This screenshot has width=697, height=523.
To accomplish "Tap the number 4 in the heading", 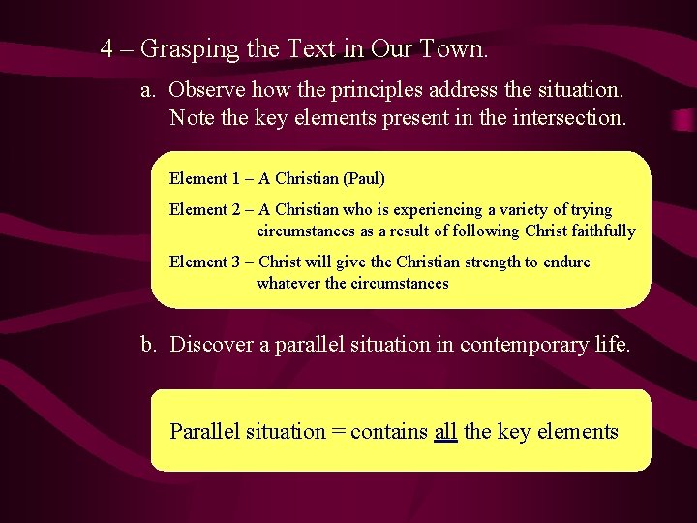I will tap(107, 47).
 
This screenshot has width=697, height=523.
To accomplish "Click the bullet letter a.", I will tap(148, 90).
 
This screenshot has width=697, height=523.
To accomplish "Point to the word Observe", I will tap(207, 90).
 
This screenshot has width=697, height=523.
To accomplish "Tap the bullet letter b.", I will tap(148, 344).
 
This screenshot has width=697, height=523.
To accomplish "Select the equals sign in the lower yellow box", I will tap(338, 432).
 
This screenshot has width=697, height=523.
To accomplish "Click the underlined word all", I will tap(445, 432).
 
